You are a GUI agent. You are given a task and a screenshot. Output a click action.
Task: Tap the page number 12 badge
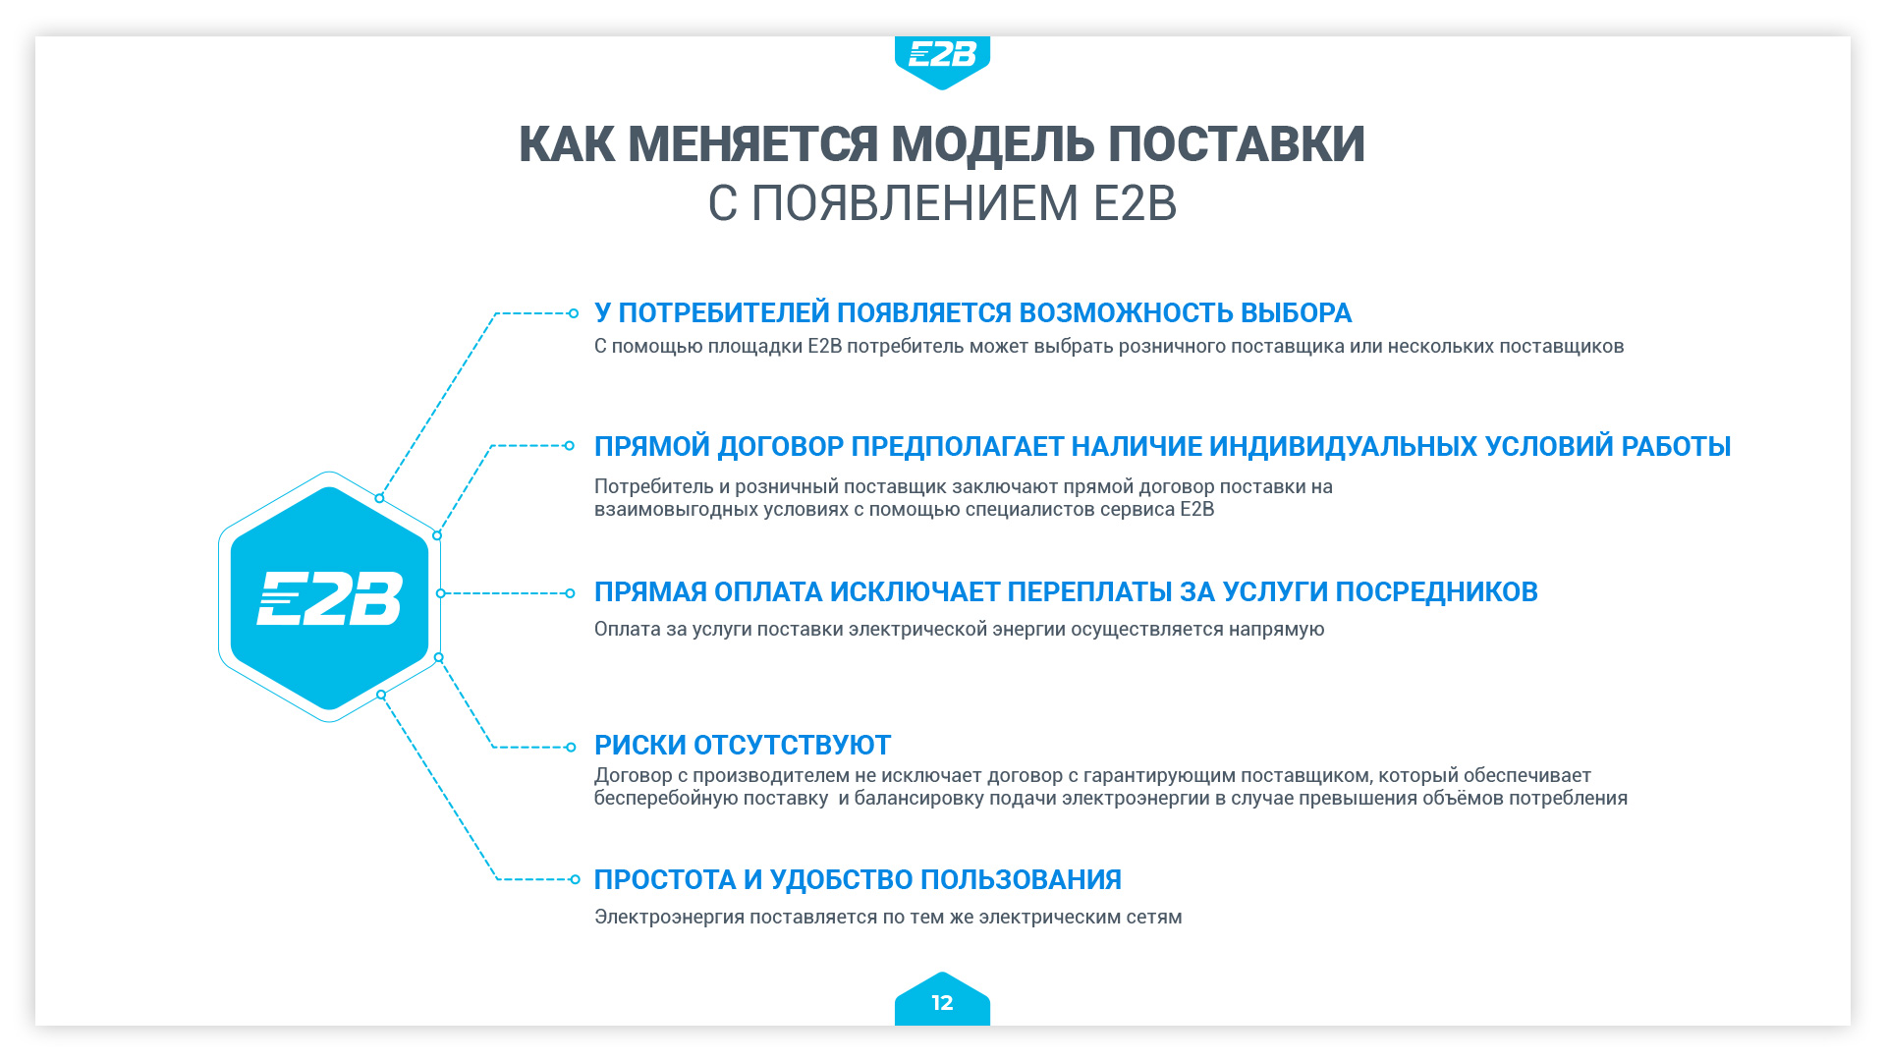(x=942, y=1000)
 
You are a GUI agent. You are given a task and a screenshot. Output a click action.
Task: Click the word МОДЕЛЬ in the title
(x=992, y=144)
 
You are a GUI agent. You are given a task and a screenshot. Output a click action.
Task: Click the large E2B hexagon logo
(x=329, y=597)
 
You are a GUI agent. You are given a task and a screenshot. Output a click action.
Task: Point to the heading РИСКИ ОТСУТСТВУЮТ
(x=743, y=745)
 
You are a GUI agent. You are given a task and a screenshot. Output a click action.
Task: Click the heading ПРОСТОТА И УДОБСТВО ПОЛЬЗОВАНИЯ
(x=858, y=879)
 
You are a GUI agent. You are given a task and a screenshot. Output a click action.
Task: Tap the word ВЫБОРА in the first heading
(x=1296, y=312)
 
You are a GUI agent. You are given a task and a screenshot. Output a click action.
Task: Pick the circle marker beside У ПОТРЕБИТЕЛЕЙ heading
(x=574, y=313)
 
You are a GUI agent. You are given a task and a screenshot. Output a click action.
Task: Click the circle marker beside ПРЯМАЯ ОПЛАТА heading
(x=570, y=593)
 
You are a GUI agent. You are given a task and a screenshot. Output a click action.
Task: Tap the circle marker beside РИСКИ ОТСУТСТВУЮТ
(x=571, y=747)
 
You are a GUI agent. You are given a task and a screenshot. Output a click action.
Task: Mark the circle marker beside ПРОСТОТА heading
(x=575, y=879)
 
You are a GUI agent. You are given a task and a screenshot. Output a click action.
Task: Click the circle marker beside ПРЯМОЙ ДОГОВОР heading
(x=569, y=446)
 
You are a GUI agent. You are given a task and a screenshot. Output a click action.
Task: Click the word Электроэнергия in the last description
(x=669, y=917)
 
